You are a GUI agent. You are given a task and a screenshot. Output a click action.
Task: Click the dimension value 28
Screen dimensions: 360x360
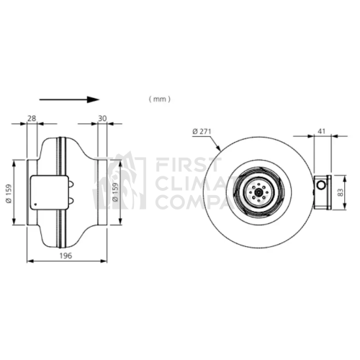(32, 118)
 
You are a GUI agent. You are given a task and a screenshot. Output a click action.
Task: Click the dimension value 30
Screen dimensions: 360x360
(102, 118)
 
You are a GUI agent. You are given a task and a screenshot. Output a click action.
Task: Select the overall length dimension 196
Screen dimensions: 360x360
(66, 256)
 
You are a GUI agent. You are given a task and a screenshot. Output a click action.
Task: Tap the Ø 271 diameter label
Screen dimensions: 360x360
(202, 131)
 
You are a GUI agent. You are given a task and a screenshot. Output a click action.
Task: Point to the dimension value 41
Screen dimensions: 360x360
(321, 131)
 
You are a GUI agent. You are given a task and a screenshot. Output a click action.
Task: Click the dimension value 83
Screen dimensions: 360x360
(341, 192)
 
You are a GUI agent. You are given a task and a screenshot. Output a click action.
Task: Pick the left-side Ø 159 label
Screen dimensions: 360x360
(9, 194)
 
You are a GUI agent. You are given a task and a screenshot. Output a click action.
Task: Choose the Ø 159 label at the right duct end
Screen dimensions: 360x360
(115, 192)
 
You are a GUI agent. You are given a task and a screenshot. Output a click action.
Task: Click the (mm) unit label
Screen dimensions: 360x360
(160, 99)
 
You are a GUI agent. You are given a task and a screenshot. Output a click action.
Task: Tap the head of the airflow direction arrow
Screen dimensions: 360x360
(93, 99)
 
